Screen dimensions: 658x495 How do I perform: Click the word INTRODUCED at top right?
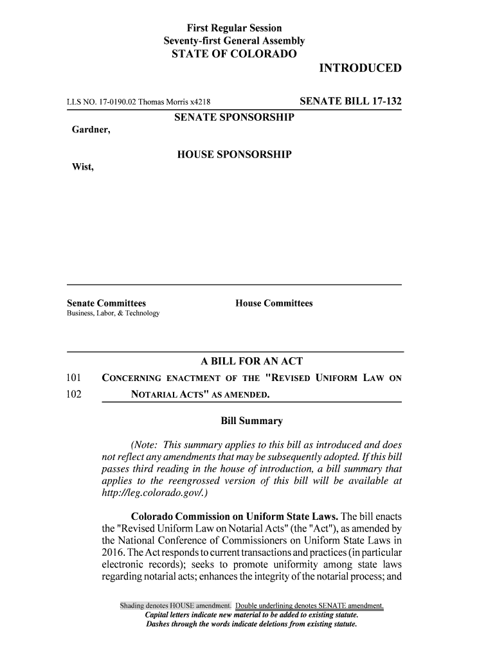click(360, 69)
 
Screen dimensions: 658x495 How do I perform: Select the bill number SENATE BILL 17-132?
click(350, 101)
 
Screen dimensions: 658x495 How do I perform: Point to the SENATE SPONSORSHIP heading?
click(234, 117)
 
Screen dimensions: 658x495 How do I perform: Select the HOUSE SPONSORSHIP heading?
click(234, 155)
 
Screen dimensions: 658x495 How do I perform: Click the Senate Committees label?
click(107, 303)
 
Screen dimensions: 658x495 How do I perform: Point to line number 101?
click(76, 378)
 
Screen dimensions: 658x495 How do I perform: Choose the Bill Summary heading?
click(251, 422)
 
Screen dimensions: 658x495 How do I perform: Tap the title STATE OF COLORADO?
click(234, 55)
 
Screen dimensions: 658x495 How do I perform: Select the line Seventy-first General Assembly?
click(234, 42)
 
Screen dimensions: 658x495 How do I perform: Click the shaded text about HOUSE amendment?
click(176, 606)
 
